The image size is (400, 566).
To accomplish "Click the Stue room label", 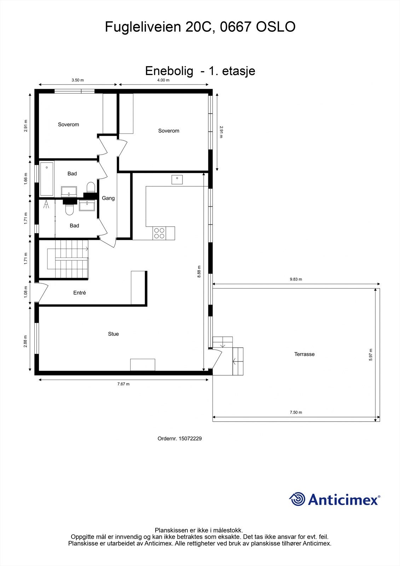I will [113, 334].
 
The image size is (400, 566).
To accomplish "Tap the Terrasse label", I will [304, 354].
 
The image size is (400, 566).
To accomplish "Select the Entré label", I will [80, 293].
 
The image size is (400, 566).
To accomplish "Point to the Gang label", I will [108, 198].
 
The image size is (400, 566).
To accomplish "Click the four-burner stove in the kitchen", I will [159, 233].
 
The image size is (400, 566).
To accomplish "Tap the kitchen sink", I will [177, 180].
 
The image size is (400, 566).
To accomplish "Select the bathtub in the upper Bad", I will [47, 179].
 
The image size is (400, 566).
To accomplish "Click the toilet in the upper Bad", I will [91, 187].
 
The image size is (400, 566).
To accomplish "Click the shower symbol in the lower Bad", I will [46, 204].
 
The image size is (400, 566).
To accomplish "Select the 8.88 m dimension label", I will [199, 271].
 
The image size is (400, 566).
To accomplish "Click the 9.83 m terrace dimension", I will [296, 279].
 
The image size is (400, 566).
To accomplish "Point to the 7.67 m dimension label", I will [123, 384].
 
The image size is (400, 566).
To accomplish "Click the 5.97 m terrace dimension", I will [370, 354].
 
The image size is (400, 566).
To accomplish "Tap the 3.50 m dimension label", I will [78, 80].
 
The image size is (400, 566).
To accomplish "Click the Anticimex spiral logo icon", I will [297, 499].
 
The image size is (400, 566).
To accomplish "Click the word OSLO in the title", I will [276, 27].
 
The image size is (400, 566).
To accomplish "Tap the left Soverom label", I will [69, 125].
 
